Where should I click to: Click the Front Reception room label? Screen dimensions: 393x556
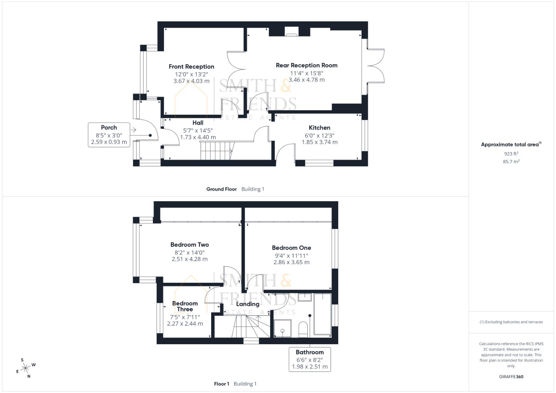(x=191, y=67)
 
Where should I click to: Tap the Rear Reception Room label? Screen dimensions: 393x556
(x=306, y=65)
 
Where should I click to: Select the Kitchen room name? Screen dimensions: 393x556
(x=319, y=128)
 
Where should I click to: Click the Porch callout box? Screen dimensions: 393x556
(x=109, y=135)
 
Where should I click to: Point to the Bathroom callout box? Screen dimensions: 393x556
(x=309, y=359)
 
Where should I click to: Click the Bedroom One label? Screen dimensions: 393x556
(x=291, y=248)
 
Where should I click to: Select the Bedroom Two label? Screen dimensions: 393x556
(x=189, y=245)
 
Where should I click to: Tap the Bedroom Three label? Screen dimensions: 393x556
(x=185, y=306)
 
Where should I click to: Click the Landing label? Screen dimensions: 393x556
(x=248, y=304)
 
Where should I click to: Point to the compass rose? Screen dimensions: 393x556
(x=26, y=368)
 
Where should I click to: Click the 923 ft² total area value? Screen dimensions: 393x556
(x=511, y=154)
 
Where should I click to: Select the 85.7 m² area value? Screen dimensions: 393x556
(x=511, y=162)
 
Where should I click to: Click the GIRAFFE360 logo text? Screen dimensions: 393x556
(x=511, y=377)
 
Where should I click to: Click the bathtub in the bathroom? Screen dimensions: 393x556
(x=322, y=314)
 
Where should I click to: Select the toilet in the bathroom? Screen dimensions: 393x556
(x=303, y=329)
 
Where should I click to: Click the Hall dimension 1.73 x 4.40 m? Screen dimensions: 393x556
(x=198, y=138)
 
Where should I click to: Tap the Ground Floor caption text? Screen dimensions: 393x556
(x=221, y=189)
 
